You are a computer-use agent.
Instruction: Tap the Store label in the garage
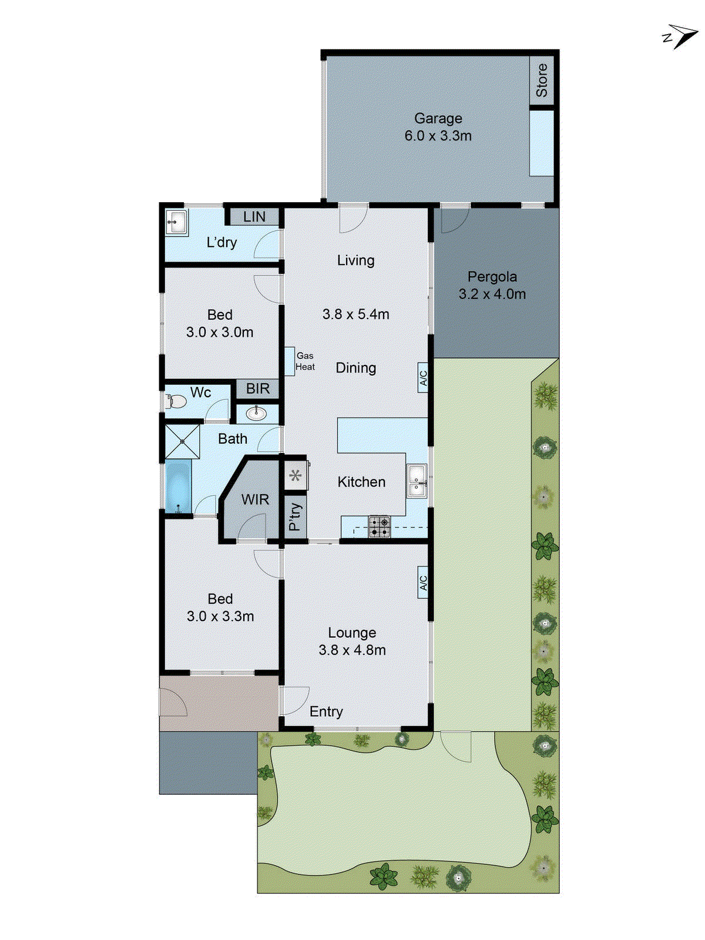click(542, 80)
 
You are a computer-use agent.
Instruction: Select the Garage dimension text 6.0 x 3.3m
click(438, 136)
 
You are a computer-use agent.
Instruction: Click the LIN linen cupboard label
click(254, 217)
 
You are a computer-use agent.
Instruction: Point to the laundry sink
click(175, 223)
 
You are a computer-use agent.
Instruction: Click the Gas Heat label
click(305, 361)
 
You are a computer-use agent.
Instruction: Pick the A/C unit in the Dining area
click(422, 377)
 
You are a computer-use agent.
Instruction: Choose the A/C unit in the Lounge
click(422, 582)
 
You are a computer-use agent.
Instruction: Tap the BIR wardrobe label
click(258, 388)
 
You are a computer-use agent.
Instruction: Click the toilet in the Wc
click(176, 401)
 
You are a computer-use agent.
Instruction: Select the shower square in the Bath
click(182, 441)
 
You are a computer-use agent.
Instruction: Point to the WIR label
click(255, 499)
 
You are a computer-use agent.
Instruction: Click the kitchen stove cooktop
click(380, 526)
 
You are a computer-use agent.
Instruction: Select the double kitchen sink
click(417, 481)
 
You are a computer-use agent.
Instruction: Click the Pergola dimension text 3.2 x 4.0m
click(492, 294)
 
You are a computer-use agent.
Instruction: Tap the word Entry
click(326, 711)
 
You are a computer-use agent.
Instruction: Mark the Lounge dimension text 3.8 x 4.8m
click(352, 650)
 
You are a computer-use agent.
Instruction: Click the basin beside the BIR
click(256, 414)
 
